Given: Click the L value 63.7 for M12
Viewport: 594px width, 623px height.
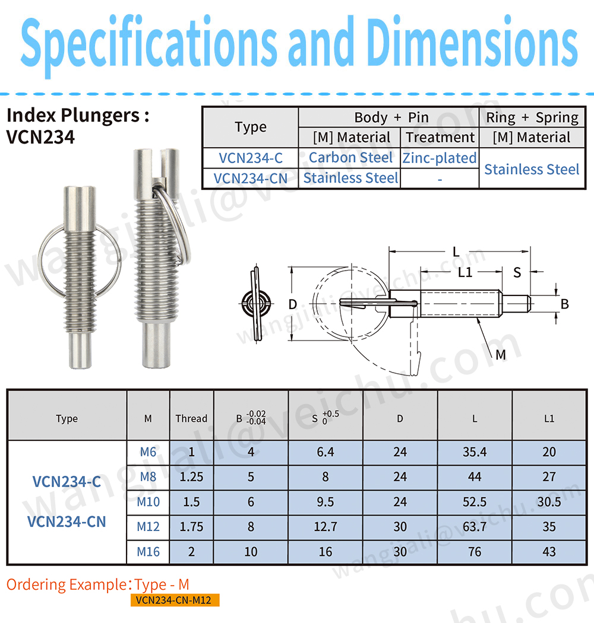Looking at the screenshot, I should click(475, 526).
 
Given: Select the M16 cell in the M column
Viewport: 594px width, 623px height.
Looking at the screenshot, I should click(148, 551).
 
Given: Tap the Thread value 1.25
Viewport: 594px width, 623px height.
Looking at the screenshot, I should click(191, 476).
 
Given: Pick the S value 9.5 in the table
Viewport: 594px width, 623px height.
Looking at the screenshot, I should click(326, 501).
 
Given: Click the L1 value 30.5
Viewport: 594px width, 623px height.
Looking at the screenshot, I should click(549, 501).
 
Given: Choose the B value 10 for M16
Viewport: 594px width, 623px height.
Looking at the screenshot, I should click(251, 551).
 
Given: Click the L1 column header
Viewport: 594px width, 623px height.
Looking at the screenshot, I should click(549, 418).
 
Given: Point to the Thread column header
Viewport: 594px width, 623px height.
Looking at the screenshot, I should click(191, 418).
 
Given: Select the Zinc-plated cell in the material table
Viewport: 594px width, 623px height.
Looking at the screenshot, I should click(440, 158).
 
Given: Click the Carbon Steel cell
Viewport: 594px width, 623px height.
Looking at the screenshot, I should click(350, 158).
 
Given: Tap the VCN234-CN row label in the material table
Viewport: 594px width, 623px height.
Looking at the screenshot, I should click(250, 177).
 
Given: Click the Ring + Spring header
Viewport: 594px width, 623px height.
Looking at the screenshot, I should click(532, 117).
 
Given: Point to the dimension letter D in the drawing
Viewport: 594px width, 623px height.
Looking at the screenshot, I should click(292, 304).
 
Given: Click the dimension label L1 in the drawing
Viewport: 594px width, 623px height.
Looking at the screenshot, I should click(465, 272).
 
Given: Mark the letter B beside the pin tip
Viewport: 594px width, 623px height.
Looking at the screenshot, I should click(564, 304).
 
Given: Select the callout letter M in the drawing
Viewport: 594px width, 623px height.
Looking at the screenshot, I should click(500, 355).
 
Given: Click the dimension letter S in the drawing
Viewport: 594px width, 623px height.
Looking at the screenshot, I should click(517, 272).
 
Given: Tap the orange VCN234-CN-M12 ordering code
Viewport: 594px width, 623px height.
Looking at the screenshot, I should click(174, 600).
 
